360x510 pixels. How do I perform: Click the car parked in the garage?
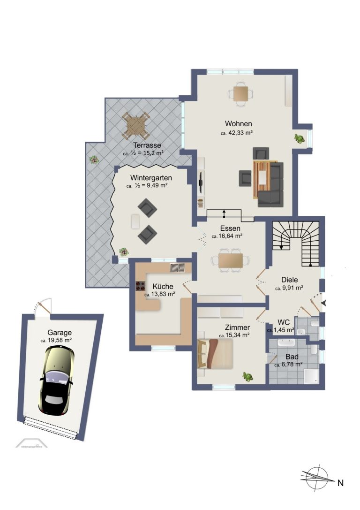(57, 380)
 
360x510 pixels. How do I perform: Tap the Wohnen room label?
(239, 123)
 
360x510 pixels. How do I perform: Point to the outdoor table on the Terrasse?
(136, 125)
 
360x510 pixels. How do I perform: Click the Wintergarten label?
(151, 178)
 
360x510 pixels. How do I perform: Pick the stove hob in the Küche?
(141, 286)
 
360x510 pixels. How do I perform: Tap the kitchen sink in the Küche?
(177, 267)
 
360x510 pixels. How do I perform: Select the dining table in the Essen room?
(231, 260)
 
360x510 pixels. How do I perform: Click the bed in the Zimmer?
(215, 354)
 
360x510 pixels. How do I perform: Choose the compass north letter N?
(340, 483)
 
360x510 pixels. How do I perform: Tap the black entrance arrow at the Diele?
(323, 303)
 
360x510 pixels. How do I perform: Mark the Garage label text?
(60, 333)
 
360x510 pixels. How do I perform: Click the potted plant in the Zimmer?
(248, 377)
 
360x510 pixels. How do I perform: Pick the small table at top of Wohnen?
(241, 94)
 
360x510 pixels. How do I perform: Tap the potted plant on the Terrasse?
(94, 160)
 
